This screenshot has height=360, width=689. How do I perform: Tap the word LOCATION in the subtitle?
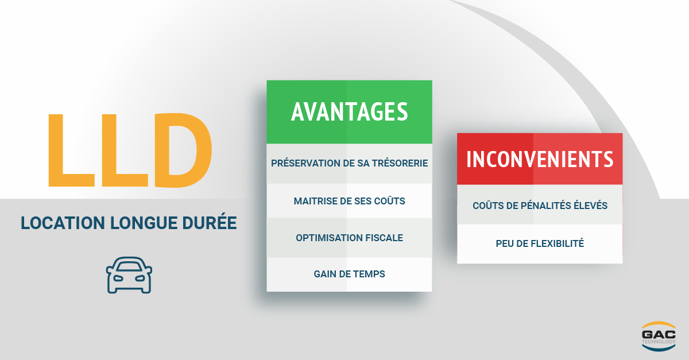(x=63, y=223)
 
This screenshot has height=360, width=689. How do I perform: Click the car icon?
(x=129, y=275)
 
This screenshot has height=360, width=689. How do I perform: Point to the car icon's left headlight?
(x=118, y=278)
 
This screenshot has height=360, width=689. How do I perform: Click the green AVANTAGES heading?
(x=350, y=111)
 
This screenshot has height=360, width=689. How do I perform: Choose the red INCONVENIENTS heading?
(x=540, y=159)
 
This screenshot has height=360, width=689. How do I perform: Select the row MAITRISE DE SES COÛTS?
(x=350, y=201)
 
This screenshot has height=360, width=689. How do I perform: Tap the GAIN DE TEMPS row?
(x=350, y=274)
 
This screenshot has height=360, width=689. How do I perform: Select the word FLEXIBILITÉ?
(x=557, y=243)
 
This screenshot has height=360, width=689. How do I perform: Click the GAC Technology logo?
(x=659, y=336)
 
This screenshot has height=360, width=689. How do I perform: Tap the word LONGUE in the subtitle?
(x=144, y=223)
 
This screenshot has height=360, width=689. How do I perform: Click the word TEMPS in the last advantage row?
(x=369, y=274)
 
